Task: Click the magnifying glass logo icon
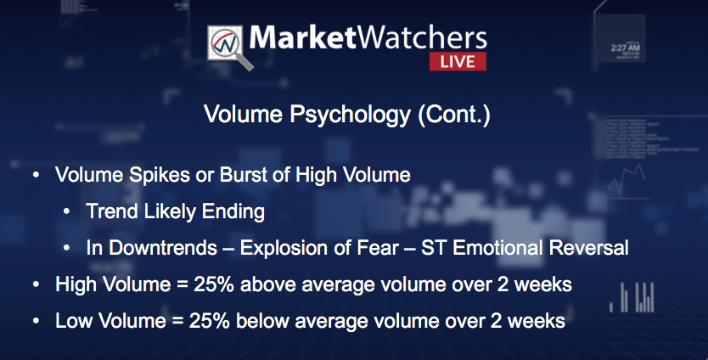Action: (x=229, y=47)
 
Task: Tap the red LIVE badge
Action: (x=458, y=61)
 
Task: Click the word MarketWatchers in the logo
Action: (x=368, y=37)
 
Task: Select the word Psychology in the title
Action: (x=350, y=115)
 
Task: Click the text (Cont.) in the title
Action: (x=453, y=115)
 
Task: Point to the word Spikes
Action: (x=160, y=175)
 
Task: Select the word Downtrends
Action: (x=163, y=248)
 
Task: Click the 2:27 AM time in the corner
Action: (x=625, y=48)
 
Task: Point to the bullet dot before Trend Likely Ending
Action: (x=67, y=211)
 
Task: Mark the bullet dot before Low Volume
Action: (x=37, y=321)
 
